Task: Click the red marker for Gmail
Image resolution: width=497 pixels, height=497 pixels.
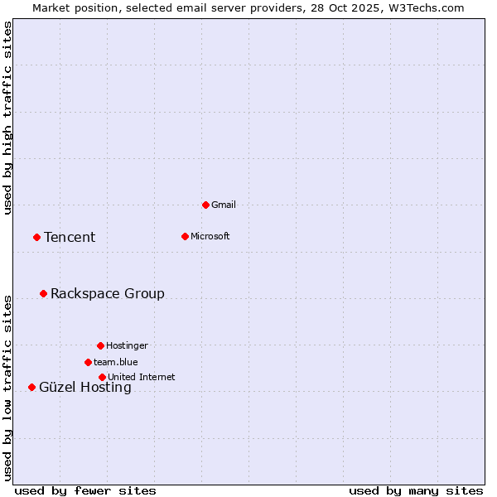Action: (205, 205)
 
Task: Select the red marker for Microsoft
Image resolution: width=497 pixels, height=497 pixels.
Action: (185, 236)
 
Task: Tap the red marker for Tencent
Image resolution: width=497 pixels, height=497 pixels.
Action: (36, 237)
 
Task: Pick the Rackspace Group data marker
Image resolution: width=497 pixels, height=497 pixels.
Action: (43, 293)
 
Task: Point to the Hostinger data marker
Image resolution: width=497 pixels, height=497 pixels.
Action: (100, 345)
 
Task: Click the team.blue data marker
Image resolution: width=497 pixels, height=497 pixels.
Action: (88, 362)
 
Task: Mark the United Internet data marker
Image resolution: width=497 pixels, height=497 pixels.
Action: (102, 377)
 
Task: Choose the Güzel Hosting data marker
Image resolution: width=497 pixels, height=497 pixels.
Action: (31, 387)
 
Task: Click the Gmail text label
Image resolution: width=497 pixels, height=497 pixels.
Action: (224, 205)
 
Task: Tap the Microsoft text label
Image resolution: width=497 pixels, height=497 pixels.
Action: (210, 236)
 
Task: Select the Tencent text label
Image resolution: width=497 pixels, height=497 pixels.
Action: (70, 238)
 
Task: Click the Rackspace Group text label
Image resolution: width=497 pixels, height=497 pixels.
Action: (108, 294)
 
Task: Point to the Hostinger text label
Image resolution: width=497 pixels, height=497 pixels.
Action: (127, 345)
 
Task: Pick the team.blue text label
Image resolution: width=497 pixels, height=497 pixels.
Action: (116, 362)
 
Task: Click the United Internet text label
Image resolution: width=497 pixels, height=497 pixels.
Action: (142, 377)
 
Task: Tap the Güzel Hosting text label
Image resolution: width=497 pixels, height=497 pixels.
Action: (85, 388)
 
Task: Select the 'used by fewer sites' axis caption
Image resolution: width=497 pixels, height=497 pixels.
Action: (85, 490)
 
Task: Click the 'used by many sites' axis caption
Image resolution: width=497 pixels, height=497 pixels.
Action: (416, 490)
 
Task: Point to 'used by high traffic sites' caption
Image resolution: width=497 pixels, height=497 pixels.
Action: (8, 118)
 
